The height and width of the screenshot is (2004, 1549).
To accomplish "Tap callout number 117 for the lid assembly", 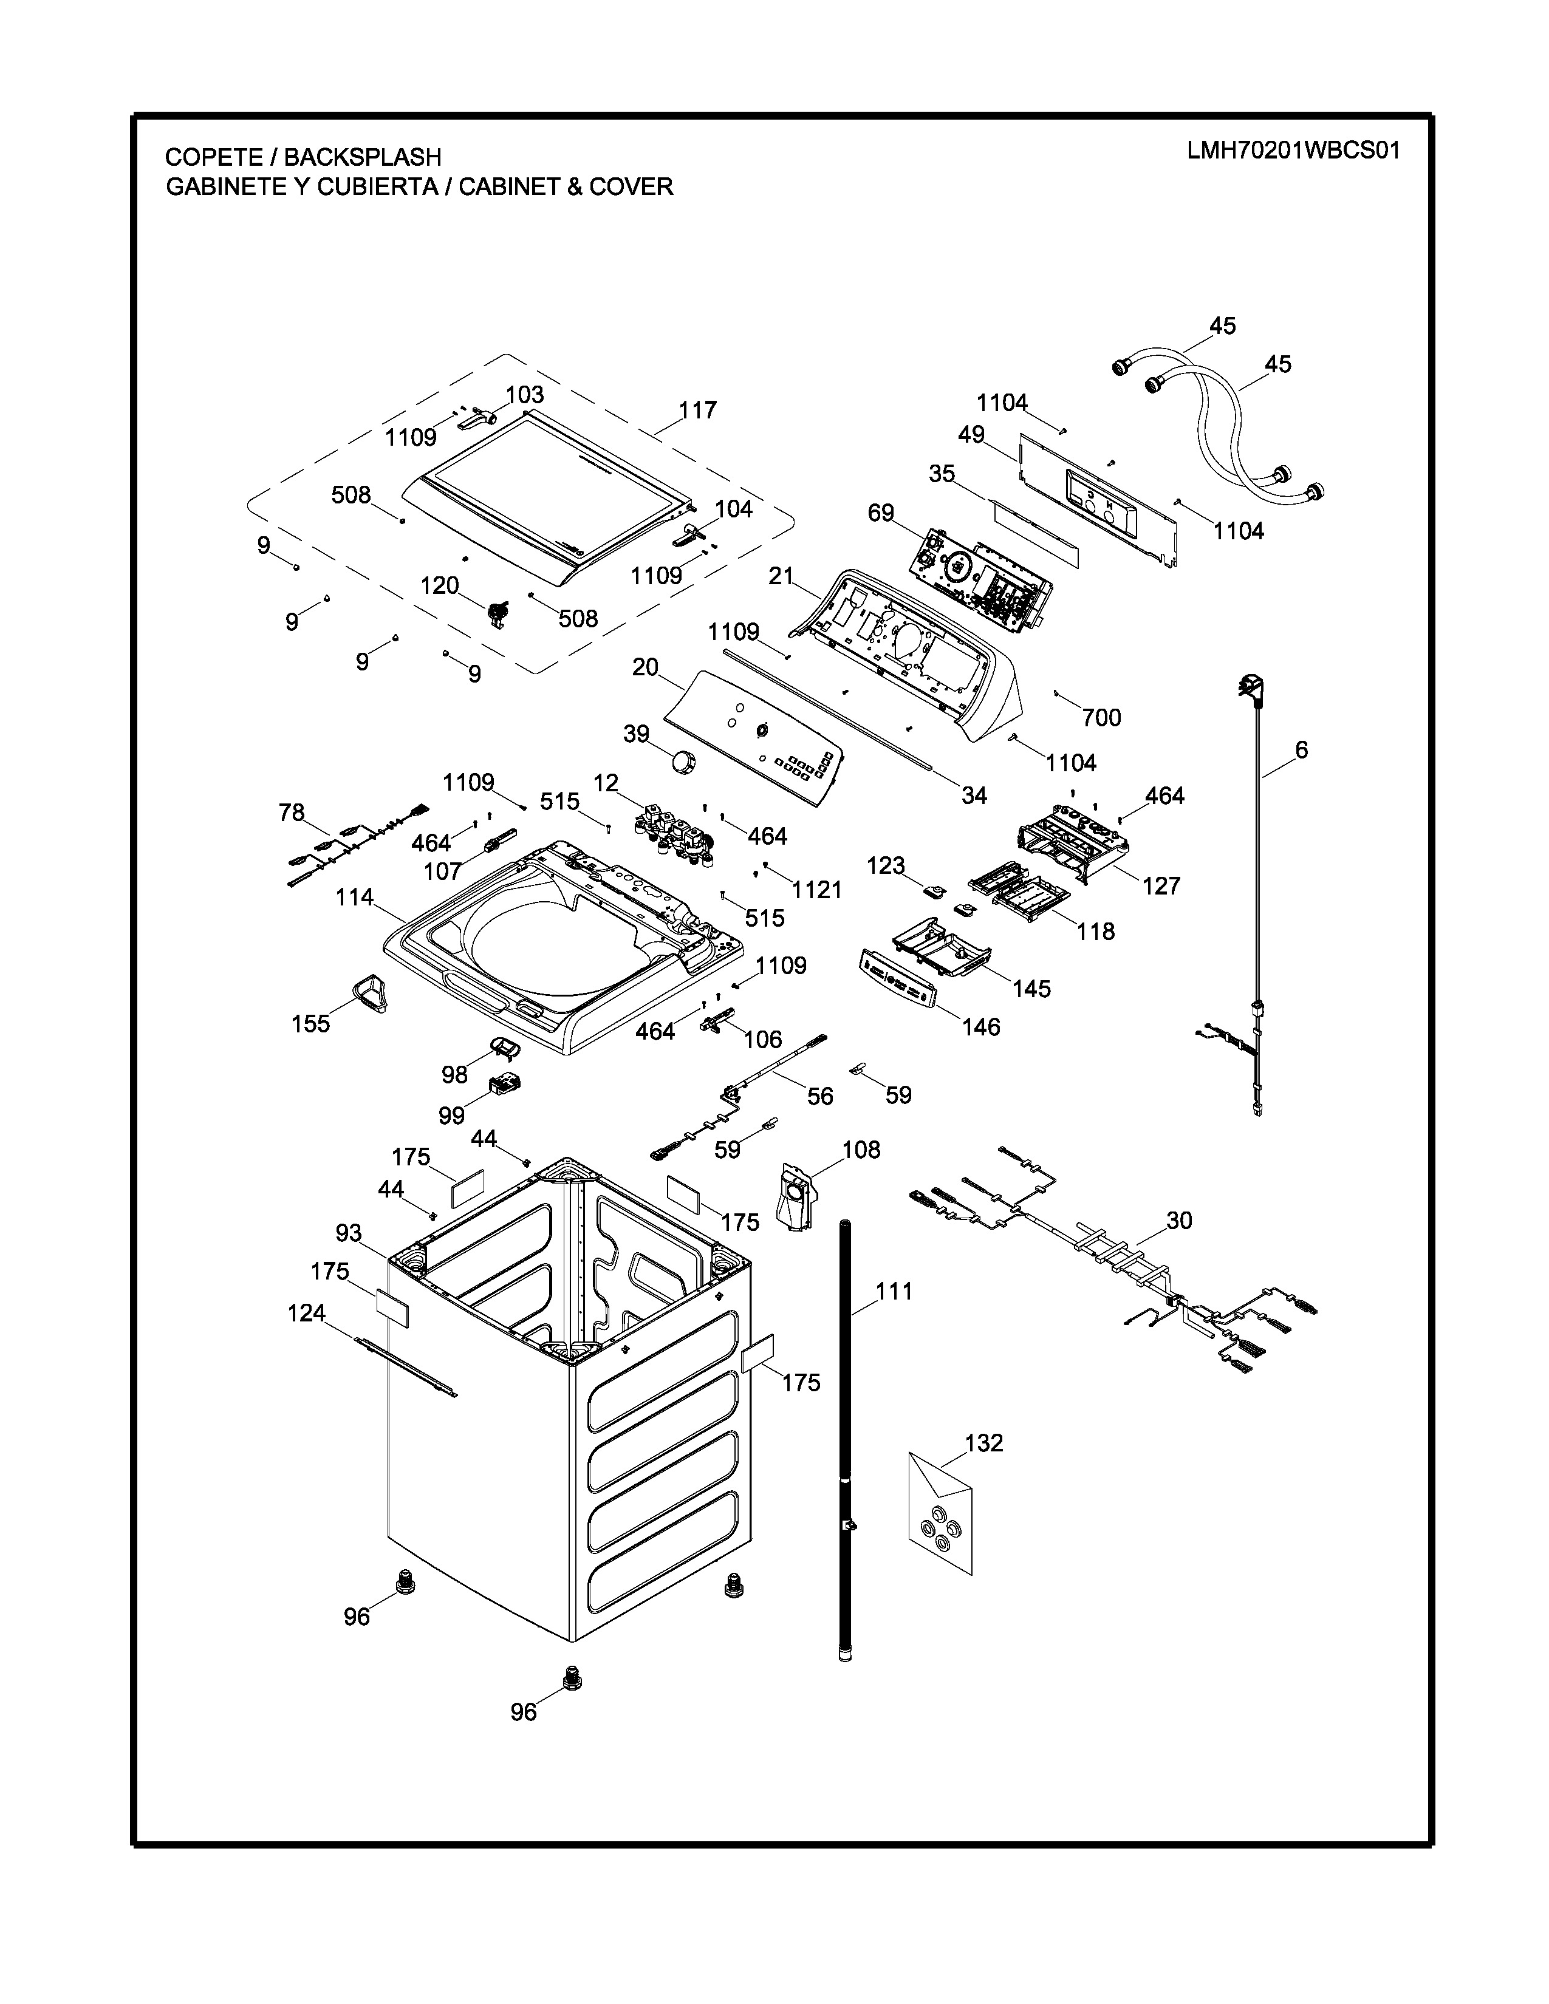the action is tap(697, 410).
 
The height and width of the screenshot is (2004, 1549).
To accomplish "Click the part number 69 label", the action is tap(881, 513).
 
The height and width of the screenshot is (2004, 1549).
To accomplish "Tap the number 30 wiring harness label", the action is tap(1179, 1221).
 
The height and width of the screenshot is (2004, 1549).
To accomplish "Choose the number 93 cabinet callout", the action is tap(349, 1234).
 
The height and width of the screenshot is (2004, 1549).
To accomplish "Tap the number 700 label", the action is tap(1101, 718).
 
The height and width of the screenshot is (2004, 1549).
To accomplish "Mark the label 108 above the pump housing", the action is tap(861, 1150).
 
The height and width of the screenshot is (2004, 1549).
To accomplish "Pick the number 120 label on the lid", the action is tap(440, 585).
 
